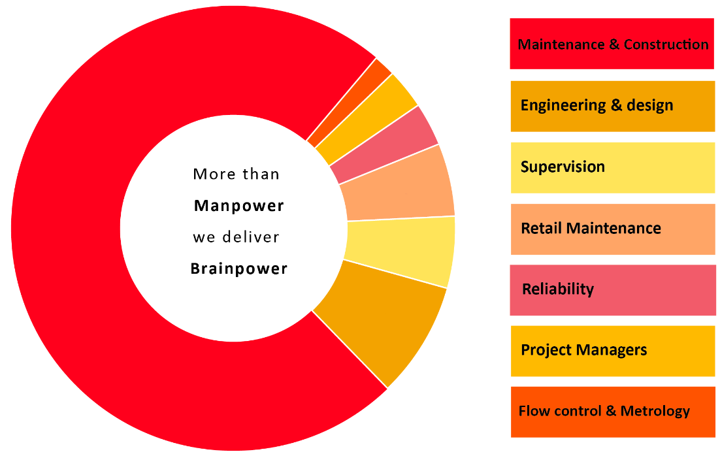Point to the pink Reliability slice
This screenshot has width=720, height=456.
pos(385,144)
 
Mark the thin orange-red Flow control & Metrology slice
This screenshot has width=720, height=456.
pos(349,101)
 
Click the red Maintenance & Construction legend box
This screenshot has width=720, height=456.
pos(612,44)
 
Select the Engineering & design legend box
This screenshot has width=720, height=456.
pos(612,105)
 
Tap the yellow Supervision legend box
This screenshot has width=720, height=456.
pos(612,167)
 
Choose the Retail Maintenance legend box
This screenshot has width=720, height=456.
pos(612,228)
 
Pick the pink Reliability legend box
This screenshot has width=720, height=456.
pos(612,289)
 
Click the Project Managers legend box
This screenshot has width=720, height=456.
pos(612,350)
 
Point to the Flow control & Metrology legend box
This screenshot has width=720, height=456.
pos(612,412)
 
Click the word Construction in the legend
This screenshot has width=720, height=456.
pos(666,44)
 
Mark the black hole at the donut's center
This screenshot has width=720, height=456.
pos(233,228)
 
